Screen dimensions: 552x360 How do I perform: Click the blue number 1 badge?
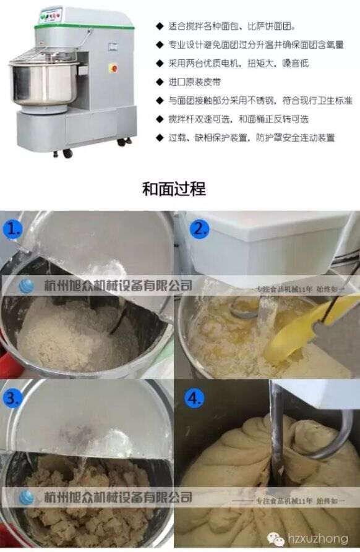point(15,229)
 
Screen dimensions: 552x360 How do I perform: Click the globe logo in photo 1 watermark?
point(27,286)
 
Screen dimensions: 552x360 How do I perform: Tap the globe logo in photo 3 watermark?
point(27,498)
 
